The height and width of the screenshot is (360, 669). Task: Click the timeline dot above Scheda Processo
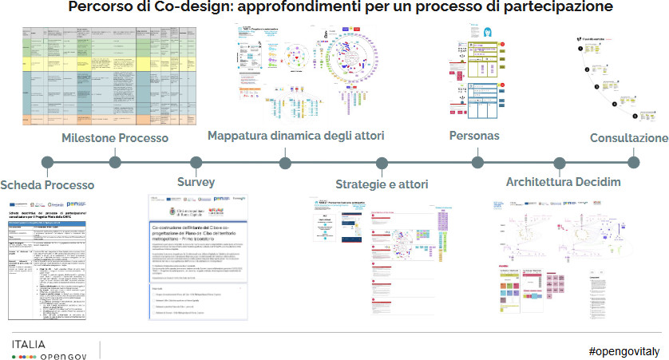[48, 163]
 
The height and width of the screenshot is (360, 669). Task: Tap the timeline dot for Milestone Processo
[115, 163]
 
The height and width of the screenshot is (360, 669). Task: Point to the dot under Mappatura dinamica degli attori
[285, 163]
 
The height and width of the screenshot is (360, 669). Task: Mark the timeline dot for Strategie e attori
[382, 163]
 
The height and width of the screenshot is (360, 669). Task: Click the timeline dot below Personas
[477, 163]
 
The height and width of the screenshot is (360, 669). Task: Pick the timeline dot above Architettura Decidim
[560, 163]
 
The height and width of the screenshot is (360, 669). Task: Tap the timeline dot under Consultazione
[634, 163]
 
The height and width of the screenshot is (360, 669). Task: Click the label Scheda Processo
[47, 185]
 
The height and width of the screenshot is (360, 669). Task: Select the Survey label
[196, 182]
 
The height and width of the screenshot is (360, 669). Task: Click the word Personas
[474, 136]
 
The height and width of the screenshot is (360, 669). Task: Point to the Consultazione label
[628, 138]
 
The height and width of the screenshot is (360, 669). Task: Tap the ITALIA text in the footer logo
[28, 344]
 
